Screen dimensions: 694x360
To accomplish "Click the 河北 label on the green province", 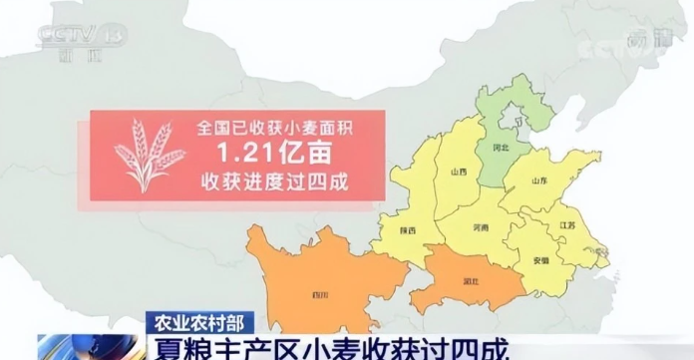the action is pos(502,148).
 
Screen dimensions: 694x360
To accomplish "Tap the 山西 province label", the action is pos(459,173).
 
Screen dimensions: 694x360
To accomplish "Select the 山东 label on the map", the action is pos(540,180).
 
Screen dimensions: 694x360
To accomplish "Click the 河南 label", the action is pos(482,228).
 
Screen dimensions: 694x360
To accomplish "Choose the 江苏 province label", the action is pos(569,226).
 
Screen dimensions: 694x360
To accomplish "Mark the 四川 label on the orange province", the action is pos(320,295).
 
